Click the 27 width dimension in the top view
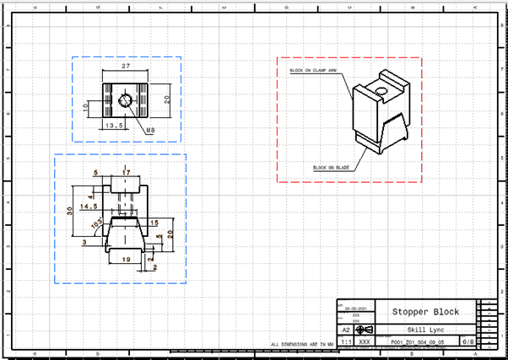pos(126,65)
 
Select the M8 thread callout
pos(149,131)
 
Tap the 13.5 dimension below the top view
pos(113,125)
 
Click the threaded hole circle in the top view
pos(125,101)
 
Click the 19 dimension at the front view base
pos(126,261)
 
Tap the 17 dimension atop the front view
pos(126,173)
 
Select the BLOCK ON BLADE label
pos(330,168)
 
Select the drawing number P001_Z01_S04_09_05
pos(415,343)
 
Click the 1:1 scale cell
pos(346,343)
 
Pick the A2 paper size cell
pos(346,330)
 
